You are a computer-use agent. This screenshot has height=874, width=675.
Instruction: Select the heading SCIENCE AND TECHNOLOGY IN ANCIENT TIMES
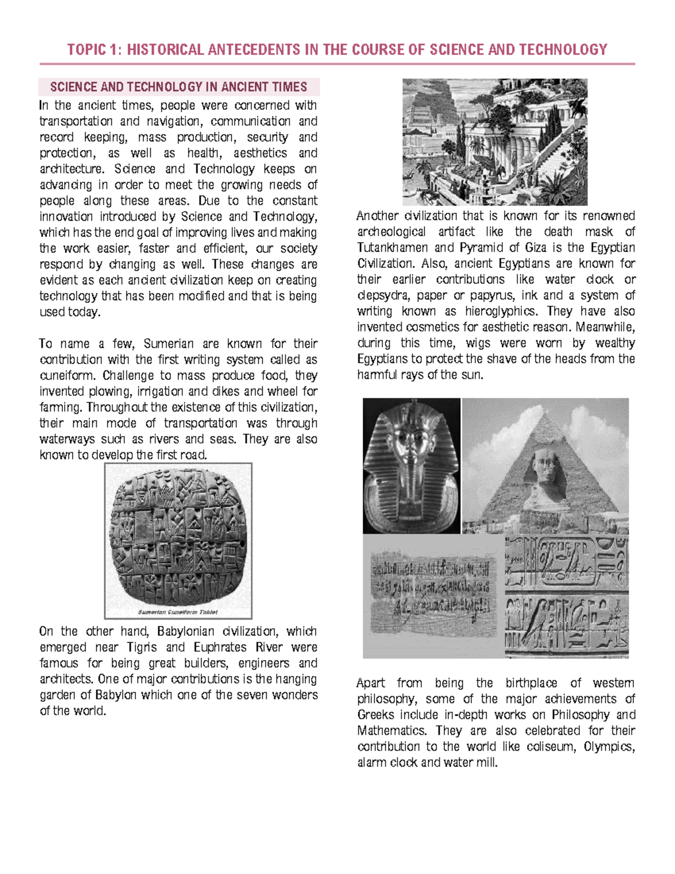(x=178, y=87)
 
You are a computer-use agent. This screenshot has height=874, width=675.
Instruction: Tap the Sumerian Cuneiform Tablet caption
(x=178, y=612)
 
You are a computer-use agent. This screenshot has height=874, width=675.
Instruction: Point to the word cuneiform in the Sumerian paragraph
(x=66, y=375)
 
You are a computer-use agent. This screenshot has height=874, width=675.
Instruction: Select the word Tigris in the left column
(x=142, y=647)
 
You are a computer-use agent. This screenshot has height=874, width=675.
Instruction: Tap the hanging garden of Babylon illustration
(x=494, y=142)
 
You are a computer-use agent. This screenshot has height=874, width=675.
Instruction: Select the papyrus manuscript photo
(x=433, y=595)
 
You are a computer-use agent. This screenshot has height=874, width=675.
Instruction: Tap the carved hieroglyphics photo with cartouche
(x=566, y=595)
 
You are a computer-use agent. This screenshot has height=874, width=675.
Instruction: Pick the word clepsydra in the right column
(x=382, y=295)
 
